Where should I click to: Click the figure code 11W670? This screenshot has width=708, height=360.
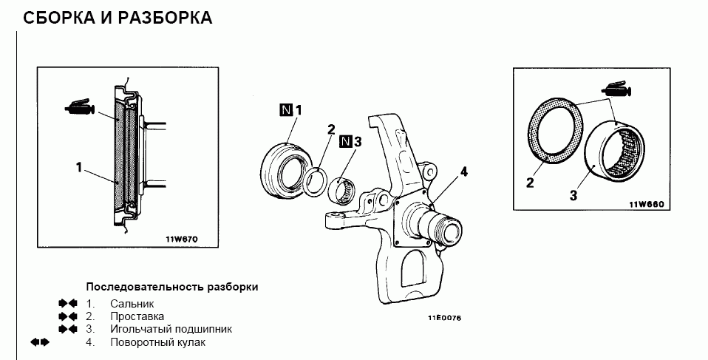(x=182, y=239)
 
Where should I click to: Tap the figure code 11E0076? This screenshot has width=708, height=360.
(x=445, y=318)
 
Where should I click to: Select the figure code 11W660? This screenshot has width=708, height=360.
(x=647, y=204)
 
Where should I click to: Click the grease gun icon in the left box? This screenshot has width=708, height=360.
(x=80, y=106)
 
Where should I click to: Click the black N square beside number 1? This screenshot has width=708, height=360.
(x=286, y=109)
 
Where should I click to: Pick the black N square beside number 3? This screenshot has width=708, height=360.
(x=345, y=141)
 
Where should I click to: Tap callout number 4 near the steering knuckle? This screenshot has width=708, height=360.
(x=463, y=172)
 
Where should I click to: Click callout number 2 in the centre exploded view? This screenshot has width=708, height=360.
(x=331, y=129)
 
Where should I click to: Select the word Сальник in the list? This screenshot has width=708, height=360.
(x=132, y=304)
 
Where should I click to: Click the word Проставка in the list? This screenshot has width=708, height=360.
(x=137, y=316)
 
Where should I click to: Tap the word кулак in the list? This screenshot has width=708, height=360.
(x=191, y=342)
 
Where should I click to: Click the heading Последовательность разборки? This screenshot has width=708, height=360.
(x=172, y=288)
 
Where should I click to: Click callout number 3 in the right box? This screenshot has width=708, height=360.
(x=573, y=196)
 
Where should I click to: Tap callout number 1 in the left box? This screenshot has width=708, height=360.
(x=79, y=168)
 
